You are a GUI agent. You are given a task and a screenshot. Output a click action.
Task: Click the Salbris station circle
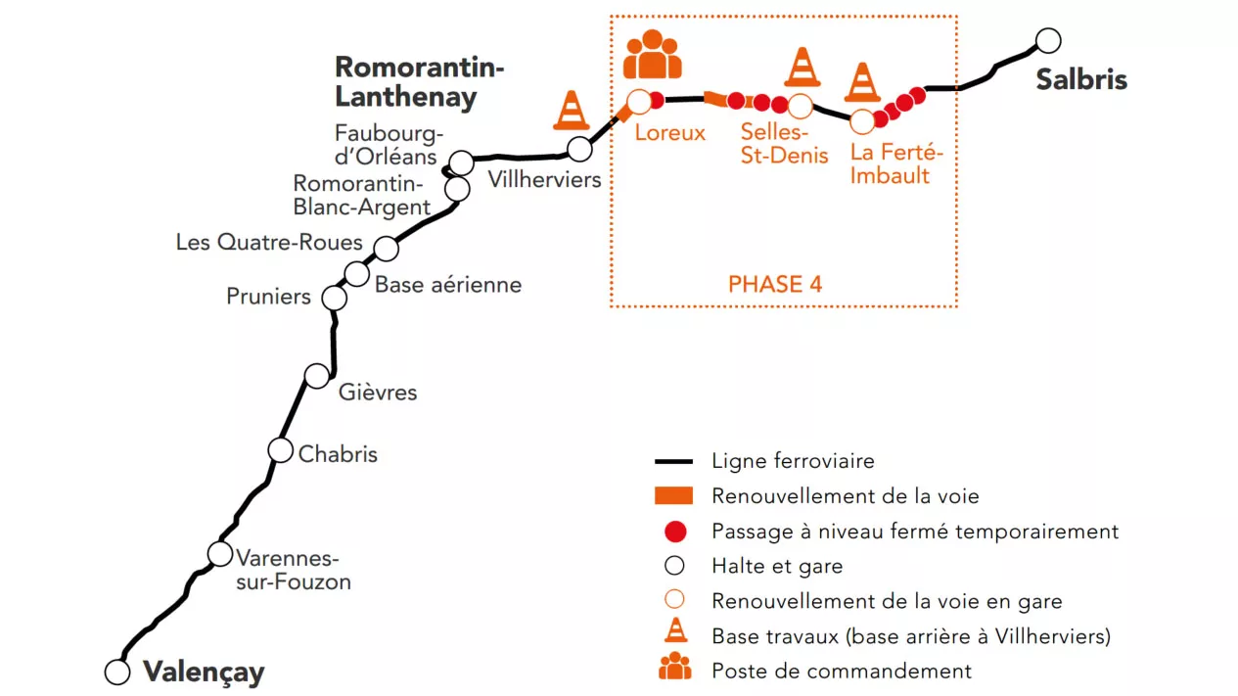click(x=1048, y=41)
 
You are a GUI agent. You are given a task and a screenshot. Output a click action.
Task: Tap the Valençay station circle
click(x=117, y=673)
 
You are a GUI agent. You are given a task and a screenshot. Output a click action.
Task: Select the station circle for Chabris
click(x=280, y=450)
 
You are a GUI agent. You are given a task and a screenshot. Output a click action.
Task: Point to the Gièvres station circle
click(x=317, y=376)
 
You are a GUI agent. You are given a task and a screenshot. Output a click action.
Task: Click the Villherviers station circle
click(x=579, y=149)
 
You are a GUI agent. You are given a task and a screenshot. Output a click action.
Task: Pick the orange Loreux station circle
click(x=639, y=102)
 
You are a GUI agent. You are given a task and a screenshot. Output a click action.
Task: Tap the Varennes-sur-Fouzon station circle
click(x=220, y=553)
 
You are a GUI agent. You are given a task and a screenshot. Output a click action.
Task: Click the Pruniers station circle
click(x=335, y=298)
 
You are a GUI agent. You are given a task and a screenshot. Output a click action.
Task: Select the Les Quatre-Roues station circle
click(x=387, y=249)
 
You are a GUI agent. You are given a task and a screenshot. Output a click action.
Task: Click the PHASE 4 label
click(x=775, y=284)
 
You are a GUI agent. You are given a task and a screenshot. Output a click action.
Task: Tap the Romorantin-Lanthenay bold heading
click(x=420, y=82)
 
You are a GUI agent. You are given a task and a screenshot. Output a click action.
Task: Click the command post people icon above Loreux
click(x=652, y=54)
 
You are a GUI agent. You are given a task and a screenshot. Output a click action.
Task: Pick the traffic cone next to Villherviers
click(x=572, y=110)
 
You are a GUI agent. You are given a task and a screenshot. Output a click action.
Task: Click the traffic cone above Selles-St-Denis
click(x=802, y=67)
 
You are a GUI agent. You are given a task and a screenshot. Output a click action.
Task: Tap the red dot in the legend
click(x=675, y=532)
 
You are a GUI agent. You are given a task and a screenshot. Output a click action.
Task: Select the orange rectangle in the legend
click(x=673, y=496)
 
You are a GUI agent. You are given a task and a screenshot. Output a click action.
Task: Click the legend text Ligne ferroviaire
click(x=793, y=461)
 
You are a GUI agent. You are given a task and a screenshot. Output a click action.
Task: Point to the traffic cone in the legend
click(x=675, y=629)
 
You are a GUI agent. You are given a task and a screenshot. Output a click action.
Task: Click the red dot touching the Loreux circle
click(x=658, y=100)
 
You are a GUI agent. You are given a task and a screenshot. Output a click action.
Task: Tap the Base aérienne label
click(x=448, y=285)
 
